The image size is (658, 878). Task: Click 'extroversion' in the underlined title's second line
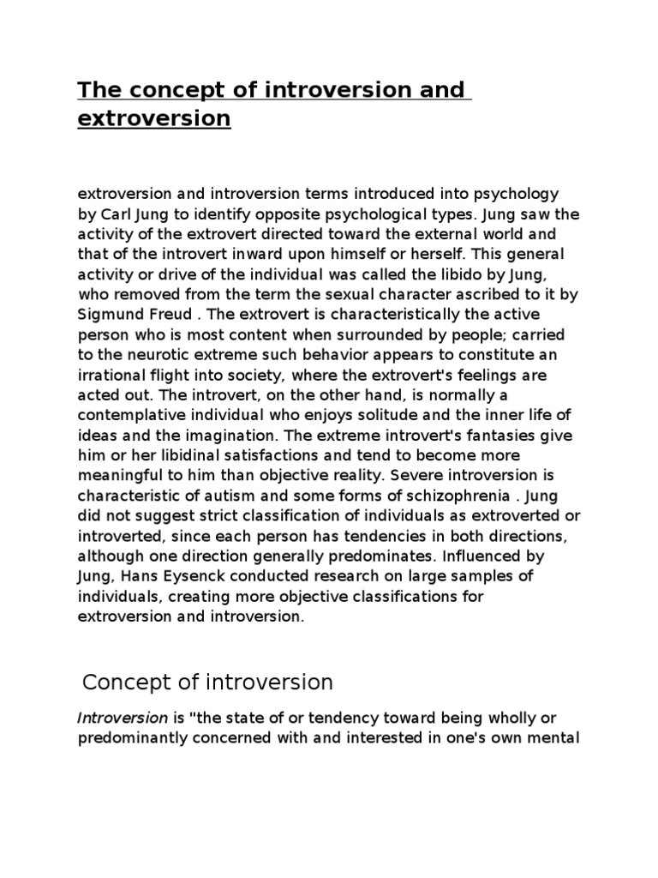[x=154, y=118]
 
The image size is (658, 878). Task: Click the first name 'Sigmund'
[x=107, y=313]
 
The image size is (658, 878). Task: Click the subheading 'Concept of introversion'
[x=206, y=683]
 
